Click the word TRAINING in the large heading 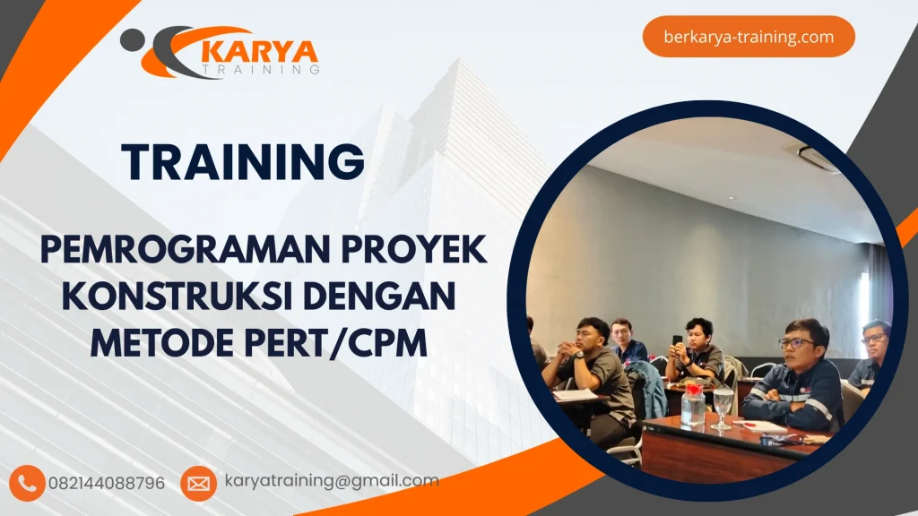[243, 162]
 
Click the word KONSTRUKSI [186, 296]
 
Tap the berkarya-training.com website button [749, 37]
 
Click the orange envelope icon [198, 483]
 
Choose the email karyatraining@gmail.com [332, 481]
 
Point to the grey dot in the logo [131, 39]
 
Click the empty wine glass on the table [723, 406]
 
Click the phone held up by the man [678, 341]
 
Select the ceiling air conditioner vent [816, 158]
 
